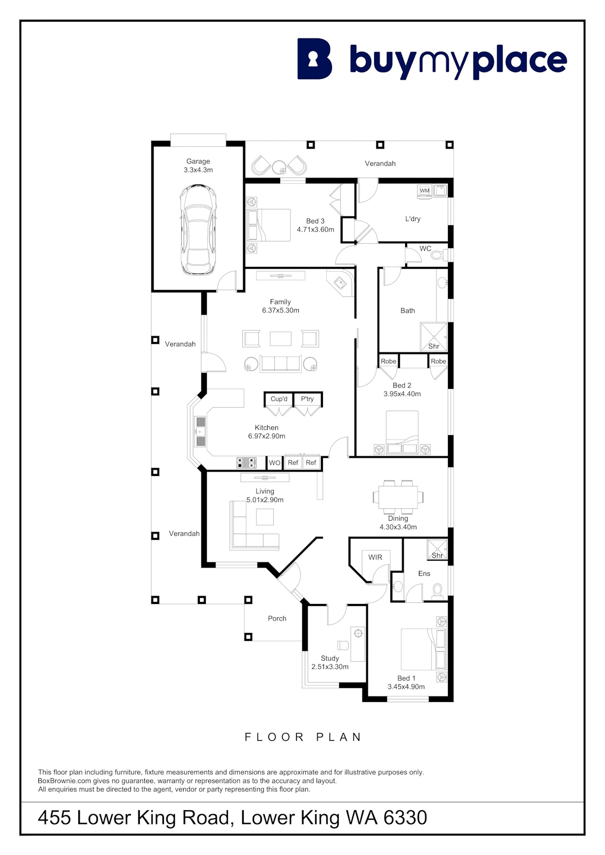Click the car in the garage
pyautogui.click(x=198, y=229)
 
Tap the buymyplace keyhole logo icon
pyautogui.click(x=315, y=59)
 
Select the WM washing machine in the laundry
pyautogui.click(x=425, y=192)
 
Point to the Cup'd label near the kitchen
pyautogui.click(x=279, y=399)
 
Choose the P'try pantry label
pyautogui.click(x=307, y=399)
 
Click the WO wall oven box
pyautogui.click(x=275, y=463)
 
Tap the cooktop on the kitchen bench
pyautogui.click(x=247, y=463)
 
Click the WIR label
pyautogui.click(x=375, y=557)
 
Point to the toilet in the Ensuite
pyautogui.click(x=437, y=591)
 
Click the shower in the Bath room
pyautogui.click(x=434, y=337)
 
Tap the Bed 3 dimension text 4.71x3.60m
pyautogui.click(x=316, y=229)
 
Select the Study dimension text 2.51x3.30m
pyautogui.click(x=330, y=667)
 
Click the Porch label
pyautogui.click(x=277, y=618)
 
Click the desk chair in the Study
pyautogui.click(x=343, y=645)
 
